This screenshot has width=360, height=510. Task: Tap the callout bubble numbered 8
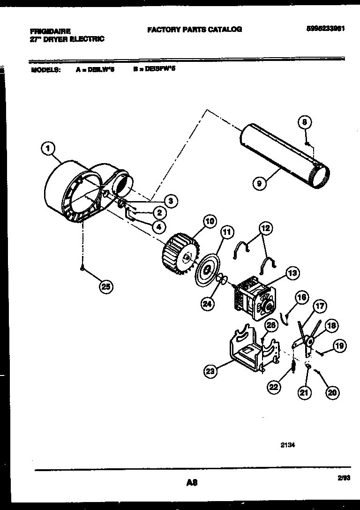(304, 123)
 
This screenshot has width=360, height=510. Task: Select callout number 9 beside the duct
(259, 184)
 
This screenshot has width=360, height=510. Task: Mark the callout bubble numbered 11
(227, 232)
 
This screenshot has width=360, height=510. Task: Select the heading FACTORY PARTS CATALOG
(195, 29)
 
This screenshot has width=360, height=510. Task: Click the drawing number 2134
(287, 446)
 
